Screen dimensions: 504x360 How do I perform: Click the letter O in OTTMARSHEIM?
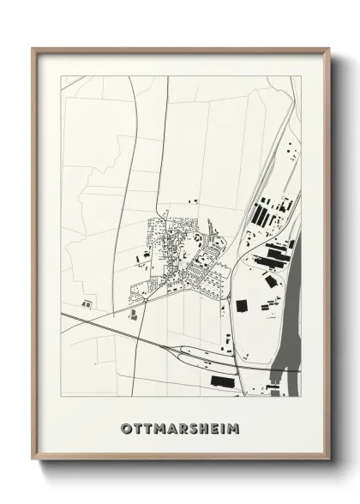(126, 426)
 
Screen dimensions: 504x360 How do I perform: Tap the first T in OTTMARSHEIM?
(137, 426)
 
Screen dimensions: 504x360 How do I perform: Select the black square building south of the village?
(241, 305)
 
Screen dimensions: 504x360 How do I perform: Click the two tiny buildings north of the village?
(195, 201)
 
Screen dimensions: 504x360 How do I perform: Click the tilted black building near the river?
(270, 281)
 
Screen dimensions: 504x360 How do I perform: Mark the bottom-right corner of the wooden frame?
(328, 459)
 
